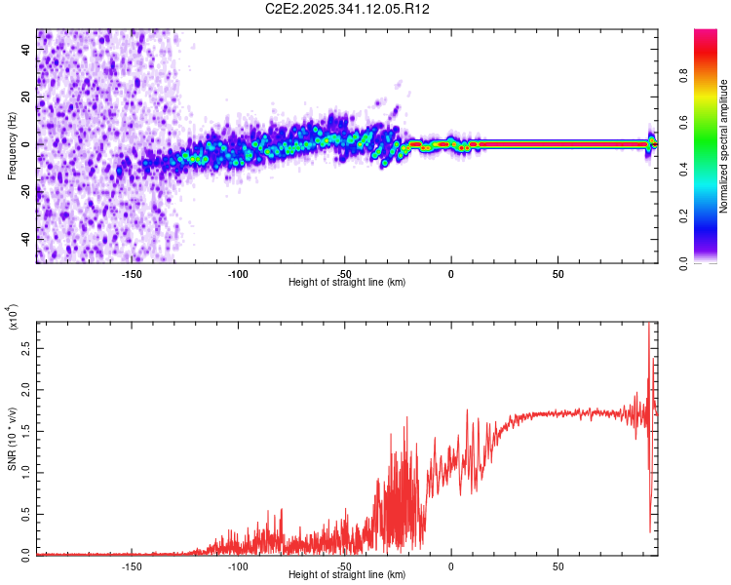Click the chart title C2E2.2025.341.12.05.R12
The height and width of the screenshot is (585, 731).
(348, 10)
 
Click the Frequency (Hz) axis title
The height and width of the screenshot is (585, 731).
(12, 146)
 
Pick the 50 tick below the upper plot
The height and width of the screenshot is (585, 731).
(558, 274)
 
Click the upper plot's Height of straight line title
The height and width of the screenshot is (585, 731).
(347, 283)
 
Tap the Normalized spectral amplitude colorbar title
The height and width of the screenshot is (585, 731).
(724, 146)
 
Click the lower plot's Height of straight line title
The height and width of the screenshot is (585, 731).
(347, 575)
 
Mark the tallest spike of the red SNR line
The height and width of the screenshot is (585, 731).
(648, 325)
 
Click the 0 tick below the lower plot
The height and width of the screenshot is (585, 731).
(451, 565)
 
